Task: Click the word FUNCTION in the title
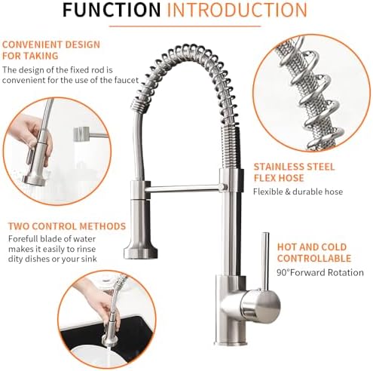(111, 11)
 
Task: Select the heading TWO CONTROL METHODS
(67, 225)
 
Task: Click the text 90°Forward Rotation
(319, 272)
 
